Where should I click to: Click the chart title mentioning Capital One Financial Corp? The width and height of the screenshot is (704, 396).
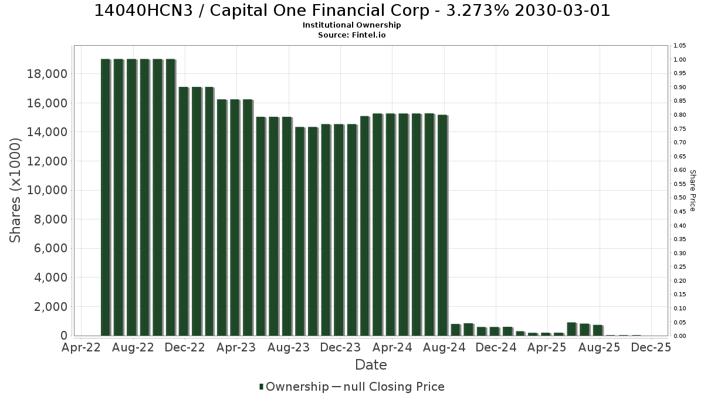(x=352, y=11)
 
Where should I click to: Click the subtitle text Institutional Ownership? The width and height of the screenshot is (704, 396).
(x=351, y=25)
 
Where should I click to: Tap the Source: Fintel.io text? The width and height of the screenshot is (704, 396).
(x=351, y=35)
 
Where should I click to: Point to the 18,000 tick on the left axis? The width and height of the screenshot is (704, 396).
(x=47, y=74)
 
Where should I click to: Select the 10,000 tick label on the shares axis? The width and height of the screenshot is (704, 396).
(x=47, y=191)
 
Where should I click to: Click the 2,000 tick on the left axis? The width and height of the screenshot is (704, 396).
(x=50, y=307)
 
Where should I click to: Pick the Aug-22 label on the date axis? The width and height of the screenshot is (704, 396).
(x=133, y=347)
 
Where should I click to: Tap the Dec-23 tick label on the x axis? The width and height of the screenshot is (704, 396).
(x=341, y=347)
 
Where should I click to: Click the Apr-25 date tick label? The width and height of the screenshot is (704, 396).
(x=547, y=347)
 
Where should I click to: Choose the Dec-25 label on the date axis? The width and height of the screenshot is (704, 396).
(x=651, y=347)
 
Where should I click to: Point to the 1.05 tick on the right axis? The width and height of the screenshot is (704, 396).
(x=680, y=46)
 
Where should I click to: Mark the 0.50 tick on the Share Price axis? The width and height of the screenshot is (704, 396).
(x=680, y=198)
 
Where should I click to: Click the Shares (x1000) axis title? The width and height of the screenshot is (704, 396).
(x=15, y=191)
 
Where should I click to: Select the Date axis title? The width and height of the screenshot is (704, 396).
(x=371, y=365)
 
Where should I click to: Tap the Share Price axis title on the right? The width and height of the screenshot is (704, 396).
(x=692, y=191)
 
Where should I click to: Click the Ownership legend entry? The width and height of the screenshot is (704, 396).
(x=294, y=387)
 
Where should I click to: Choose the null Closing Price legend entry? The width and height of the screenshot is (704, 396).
(x=388, y=387)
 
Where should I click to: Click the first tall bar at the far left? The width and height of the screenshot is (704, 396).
(x=106, y=197)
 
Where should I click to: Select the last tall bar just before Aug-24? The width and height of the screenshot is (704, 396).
(x=442, y=225)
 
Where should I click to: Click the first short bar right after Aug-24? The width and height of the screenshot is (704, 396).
(x=456, y=330)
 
